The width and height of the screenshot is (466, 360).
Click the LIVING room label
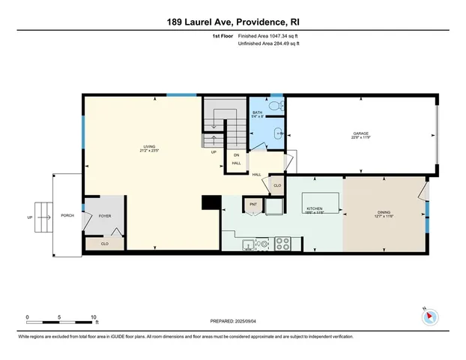(x=149, y=147)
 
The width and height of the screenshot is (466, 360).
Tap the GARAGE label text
(x=361, y=135)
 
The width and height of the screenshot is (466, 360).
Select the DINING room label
(x=383, y=214)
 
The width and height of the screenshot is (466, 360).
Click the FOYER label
(x=105, y=215)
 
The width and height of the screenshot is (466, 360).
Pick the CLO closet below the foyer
(x=104, y=243)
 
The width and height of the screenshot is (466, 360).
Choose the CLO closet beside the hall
(x=276, y=185)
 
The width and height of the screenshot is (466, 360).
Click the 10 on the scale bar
(x=94, y=318)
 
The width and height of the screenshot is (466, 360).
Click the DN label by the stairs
(x=236, y=155)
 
